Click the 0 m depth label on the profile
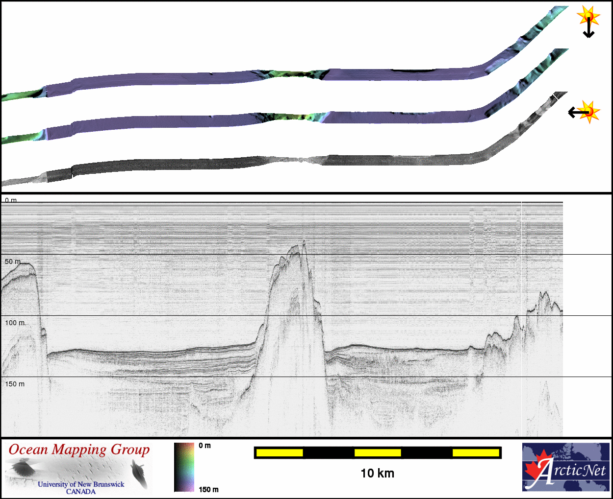click(11, 200)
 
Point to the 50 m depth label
click(12, 261)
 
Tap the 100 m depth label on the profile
click(15, 323)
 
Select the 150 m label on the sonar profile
click(15, 384)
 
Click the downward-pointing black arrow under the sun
click(588, 27)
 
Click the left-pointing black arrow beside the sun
click(578, 112)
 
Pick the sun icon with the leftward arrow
click(588, 112)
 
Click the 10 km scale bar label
click(377, 474)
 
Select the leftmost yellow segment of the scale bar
click(280, 452)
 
